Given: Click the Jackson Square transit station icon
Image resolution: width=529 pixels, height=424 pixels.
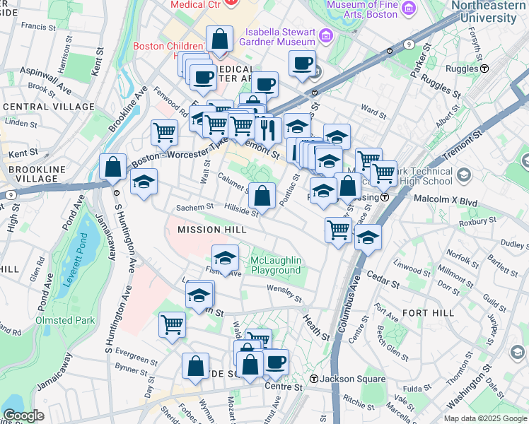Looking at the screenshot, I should tap(313, 379).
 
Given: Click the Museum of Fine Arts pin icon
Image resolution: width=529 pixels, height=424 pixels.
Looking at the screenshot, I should tap(409, 7).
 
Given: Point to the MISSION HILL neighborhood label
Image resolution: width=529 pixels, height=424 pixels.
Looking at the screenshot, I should tap(211, 230).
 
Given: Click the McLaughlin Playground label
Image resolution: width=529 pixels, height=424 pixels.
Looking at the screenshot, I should tap(276, 266).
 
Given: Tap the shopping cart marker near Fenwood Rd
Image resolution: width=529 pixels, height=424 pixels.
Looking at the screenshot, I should tap(164, 131).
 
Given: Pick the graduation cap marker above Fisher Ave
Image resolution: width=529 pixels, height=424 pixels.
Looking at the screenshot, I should tap(226, 258).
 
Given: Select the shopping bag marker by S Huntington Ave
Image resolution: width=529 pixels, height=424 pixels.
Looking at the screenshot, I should tap(113, 167).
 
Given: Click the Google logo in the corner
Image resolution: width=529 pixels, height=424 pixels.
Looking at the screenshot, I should tap(23, 416).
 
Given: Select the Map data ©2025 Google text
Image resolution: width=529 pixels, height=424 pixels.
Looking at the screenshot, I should tap(485, 418).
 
